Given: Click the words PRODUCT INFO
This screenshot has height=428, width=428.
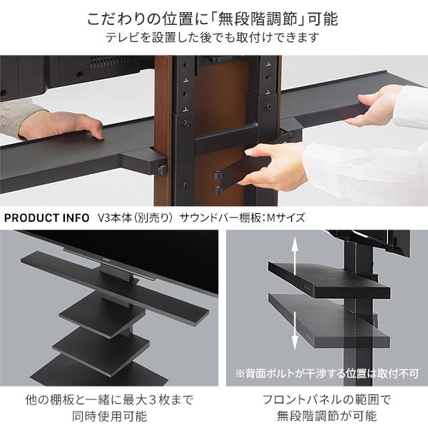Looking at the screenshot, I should coord(47,218).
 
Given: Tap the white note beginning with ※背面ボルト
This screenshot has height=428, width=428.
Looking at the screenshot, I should coord(326,372).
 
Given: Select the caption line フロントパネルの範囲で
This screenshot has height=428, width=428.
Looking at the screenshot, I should coord(327,399).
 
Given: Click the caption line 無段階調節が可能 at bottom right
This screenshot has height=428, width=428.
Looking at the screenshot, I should coord(327,416).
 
